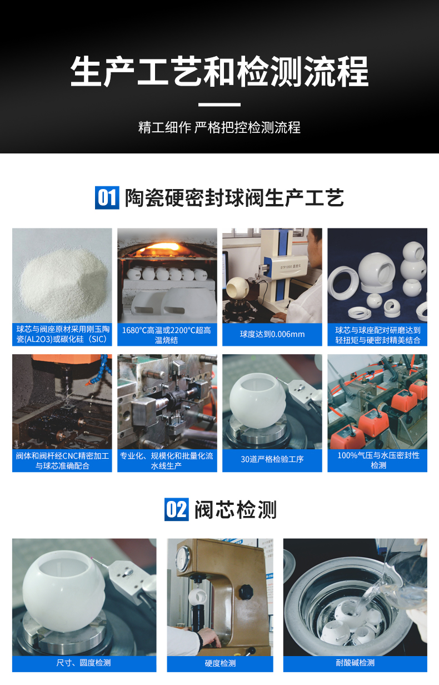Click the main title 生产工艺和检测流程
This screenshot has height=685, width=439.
219,71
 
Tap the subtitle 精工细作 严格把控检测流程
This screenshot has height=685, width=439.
219,127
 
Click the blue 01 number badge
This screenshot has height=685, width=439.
107,197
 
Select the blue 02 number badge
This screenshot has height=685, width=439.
177,509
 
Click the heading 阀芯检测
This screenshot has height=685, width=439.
235,509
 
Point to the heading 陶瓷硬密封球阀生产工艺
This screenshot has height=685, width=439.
234,197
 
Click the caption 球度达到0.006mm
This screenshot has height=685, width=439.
272,334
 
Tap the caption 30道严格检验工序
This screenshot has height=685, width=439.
272,459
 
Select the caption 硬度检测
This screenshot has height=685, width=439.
220,663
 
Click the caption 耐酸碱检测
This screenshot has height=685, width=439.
355,663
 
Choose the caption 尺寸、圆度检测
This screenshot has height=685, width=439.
84,663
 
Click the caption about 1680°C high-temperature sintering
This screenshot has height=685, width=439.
167,335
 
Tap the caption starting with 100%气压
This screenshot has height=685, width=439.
378,460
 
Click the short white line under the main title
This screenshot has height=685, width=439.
219,104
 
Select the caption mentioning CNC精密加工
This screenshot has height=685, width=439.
62,460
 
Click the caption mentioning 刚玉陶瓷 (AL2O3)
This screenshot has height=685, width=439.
62,335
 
